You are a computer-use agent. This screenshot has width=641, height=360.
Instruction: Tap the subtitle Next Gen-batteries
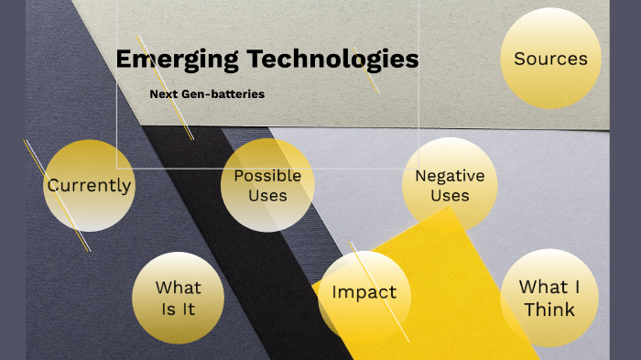206,93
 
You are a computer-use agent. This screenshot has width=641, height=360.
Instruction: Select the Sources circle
550,59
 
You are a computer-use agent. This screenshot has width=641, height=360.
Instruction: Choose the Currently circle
89,185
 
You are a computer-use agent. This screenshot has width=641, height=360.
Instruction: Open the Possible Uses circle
267,185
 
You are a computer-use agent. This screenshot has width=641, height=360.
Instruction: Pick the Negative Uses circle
449,184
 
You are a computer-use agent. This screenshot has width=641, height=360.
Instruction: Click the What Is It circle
179,299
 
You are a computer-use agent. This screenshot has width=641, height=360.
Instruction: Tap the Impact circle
364,293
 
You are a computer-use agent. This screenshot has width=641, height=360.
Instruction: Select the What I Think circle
549,298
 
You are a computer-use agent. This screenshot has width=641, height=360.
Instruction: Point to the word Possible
267,175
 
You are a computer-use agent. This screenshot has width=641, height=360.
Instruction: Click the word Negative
450,175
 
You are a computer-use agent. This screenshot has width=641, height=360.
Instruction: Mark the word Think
549,310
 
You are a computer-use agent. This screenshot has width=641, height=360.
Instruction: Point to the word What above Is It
179,288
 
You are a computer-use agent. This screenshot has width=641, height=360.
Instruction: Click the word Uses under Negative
450,195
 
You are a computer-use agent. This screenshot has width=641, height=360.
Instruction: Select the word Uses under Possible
267,195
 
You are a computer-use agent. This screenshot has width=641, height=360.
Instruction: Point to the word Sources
550,59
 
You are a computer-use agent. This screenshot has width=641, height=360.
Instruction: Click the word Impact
364,293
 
